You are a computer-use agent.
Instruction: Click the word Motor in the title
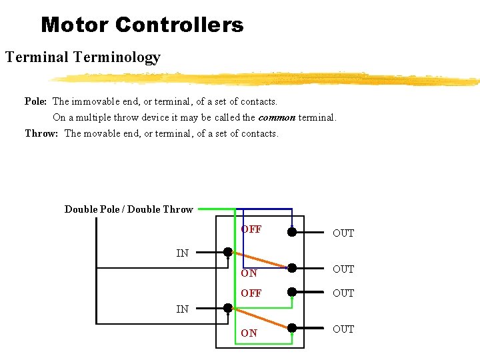pos(75,25)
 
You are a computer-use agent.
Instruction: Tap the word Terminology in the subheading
pos(117,57)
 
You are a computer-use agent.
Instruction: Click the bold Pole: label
pos(35,101)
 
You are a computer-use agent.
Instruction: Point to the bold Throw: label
pos(41,133)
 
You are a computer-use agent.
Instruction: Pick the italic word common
pos(277,117)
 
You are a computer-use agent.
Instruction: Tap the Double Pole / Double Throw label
pos(129,209)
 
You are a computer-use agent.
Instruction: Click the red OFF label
pos(251,229)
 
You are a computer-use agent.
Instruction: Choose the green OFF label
pos(251,293)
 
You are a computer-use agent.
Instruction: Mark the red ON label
pos(249,273)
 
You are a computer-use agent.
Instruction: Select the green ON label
pos(249,333)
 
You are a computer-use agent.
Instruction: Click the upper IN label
pos(182,253)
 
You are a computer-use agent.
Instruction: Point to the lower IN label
pos(182,309)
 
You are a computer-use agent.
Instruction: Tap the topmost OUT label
pos(343,233)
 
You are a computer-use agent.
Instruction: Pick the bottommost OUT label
pos(343,329)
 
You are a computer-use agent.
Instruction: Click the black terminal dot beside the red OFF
pos(291,232)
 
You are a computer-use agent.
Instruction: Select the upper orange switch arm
pos(260,260)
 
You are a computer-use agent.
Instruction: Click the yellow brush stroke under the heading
pos(267,79)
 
